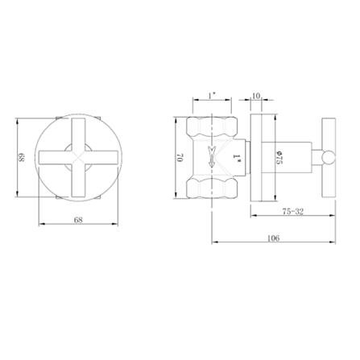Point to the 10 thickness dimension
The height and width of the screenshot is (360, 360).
pyautogui.click(x=255, y=95)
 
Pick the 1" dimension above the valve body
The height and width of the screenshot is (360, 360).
pyautogui.click(x=211, y=95)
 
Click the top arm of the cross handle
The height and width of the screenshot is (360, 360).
pyautogui.click(x=79, y=129)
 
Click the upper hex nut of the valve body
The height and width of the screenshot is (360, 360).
pyautogui.click(x=212, y=127)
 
